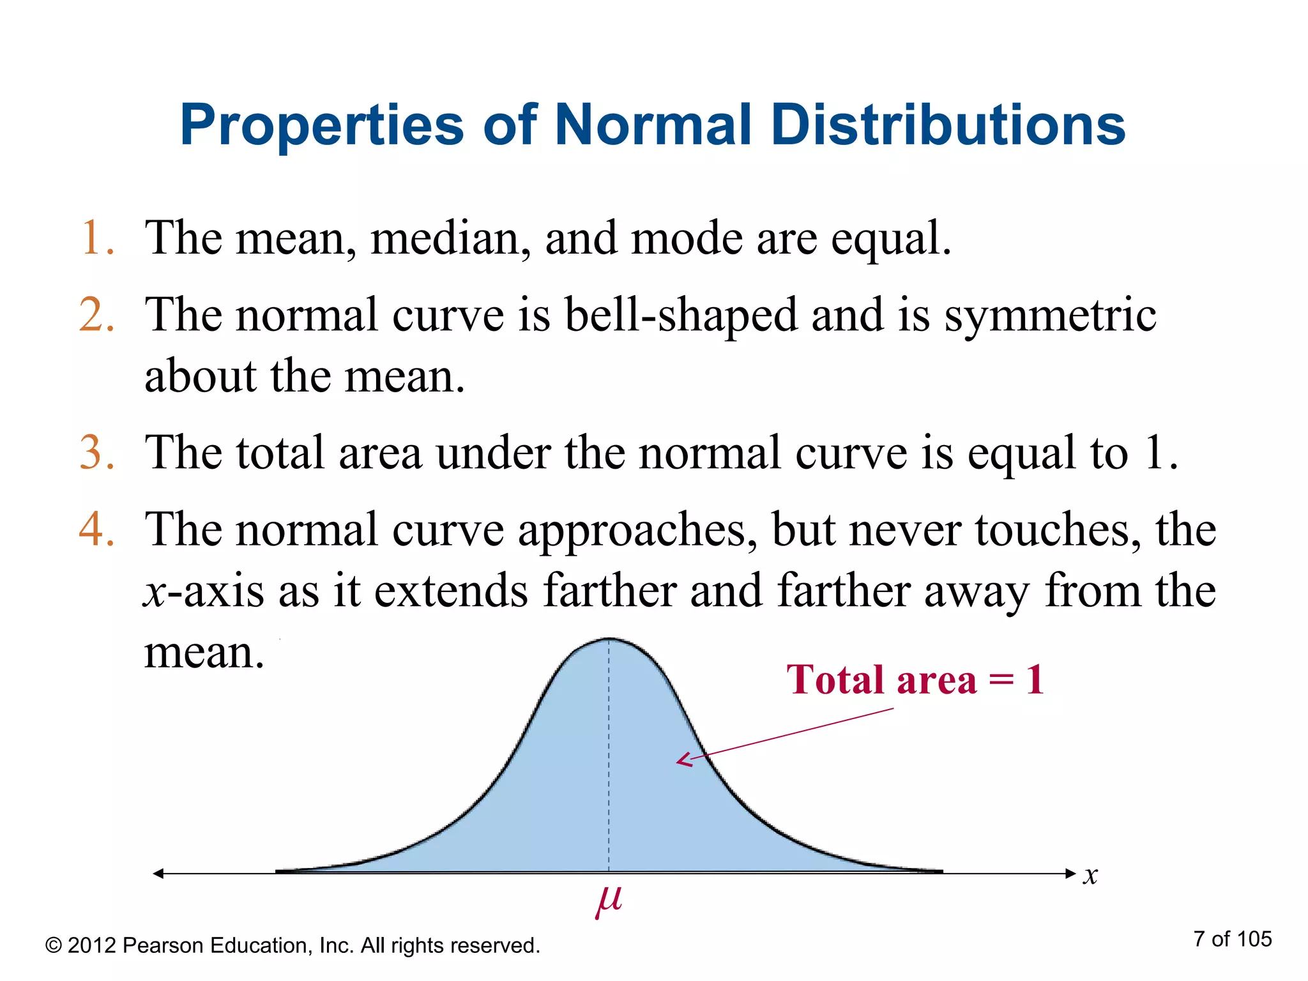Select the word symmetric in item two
(1049, 315)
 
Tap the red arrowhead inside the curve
(684, 760)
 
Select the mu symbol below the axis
(608, 901)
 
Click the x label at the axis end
(1090, 875)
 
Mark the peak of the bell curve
(609, 639)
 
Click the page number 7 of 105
(1232, 939)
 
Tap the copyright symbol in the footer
(54, 946)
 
